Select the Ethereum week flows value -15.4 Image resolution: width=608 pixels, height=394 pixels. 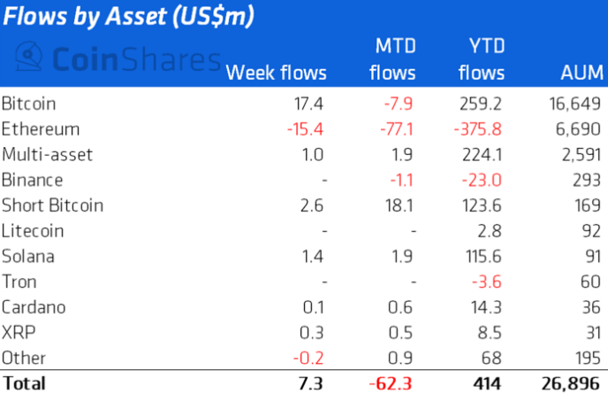click(306, 129)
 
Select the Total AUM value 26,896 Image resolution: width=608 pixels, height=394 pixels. click(573, 383)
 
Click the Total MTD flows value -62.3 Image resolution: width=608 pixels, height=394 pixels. click(394, 383)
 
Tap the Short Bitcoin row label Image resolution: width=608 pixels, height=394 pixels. click(53, 205)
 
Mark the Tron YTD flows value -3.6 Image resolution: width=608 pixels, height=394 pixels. click(490, 282)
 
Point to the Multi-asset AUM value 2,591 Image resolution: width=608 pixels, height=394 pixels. click(578, 155)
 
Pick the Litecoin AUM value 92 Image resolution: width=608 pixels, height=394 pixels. click(592, 231)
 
